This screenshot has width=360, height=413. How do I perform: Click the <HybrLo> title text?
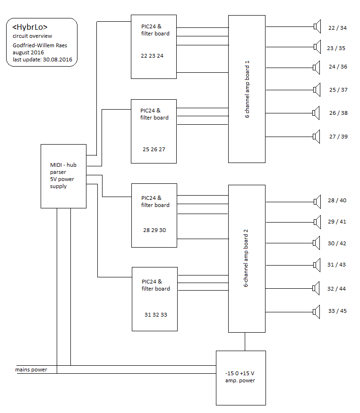pos(30,27)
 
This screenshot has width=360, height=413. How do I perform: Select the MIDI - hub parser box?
pos(63,176)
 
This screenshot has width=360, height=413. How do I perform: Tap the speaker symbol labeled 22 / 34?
pos(317,26)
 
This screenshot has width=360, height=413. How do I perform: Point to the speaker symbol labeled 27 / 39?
pos(317,137)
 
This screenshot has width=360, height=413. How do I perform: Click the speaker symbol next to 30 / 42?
pos(317,243)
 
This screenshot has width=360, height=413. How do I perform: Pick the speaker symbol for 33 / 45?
pos(317,311)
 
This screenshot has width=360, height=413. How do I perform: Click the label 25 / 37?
pos(338,90)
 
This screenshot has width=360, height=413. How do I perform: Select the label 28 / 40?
pos(337,200)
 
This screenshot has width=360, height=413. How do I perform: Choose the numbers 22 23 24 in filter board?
pos(152,56)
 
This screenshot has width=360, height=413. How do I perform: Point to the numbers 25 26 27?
pos(154,149)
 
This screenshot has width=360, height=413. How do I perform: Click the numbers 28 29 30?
pos(154,230)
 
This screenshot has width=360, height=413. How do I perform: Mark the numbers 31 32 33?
pos(156,315)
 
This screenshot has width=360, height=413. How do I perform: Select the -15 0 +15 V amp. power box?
pos(240,378)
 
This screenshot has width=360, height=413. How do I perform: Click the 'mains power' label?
pos(31,370)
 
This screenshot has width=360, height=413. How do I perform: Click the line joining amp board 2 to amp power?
pos(245,341)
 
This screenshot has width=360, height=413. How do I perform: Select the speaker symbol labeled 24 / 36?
pos(317,67)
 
